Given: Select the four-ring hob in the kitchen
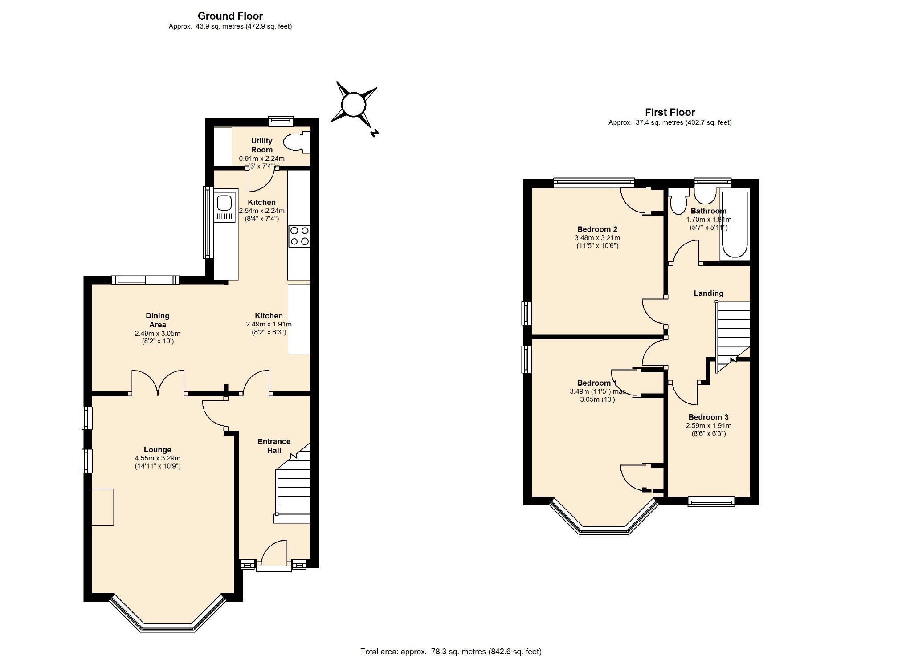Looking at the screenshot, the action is click(299, 236).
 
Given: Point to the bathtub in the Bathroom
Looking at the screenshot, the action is click(735, 225).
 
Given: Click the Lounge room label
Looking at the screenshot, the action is click(157, 450).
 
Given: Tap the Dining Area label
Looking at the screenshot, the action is click(158, 320).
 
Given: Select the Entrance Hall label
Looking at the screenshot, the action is click(274, 446).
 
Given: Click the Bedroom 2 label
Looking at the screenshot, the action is click(597, 229).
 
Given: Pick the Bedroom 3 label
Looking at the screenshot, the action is click(708, 417).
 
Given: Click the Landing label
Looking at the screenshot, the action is click(708, 293).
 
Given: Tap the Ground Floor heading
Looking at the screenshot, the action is click(230, 16).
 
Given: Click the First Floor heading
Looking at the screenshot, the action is click(670, 113).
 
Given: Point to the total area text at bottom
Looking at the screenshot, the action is click(451, 652).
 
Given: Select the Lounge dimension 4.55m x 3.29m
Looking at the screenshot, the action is click(158, 458).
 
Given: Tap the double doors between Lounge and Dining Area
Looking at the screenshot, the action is click(158, 383).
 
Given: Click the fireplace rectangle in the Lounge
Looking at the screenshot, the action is click(103, 507).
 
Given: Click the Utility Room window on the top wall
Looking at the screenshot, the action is click(281, 120).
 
